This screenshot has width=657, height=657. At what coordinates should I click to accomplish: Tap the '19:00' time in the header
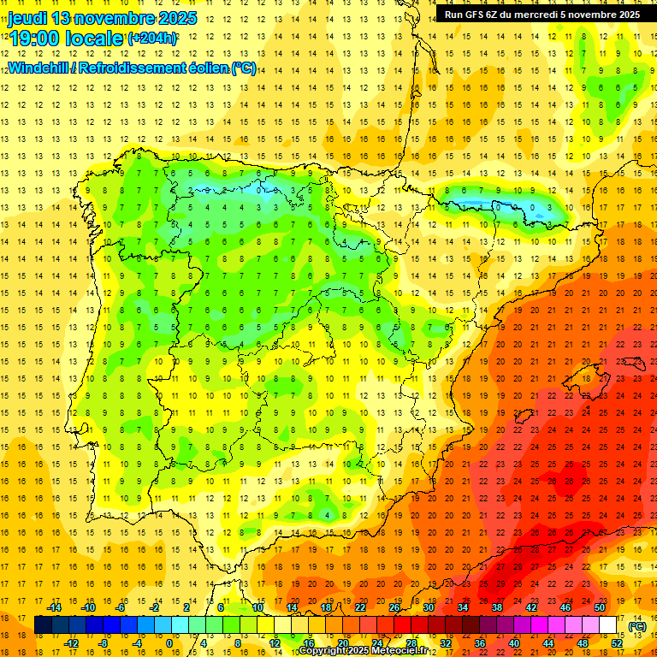click(x=35, y=38)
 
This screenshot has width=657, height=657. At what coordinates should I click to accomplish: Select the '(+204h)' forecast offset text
click(x=152, y=38)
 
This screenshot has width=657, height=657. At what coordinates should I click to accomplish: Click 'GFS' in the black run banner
click(x=476, y=15)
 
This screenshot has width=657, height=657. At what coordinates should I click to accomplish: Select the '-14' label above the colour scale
click(x=56, y=607)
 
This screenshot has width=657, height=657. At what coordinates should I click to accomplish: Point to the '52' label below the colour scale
click(x=617, y=643)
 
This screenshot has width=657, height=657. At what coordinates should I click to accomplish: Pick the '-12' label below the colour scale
click(x=73, y=643)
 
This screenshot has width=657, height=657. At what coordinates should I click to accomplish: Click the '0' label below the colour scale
click(x=169, y=643)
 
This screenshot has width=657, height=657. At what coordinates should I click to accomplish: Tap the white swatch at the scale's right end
click(x=607, y=625)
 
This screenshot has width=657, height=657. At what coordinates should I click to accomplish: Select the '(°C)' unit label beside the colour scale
click(x=637, y=626)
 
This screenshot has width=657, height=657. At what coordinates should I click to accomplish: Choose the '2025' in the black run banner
click(x=623, y=15)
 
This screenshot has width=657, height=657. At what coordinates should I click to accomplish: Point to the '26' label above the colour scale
click(x=394, y=607)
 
